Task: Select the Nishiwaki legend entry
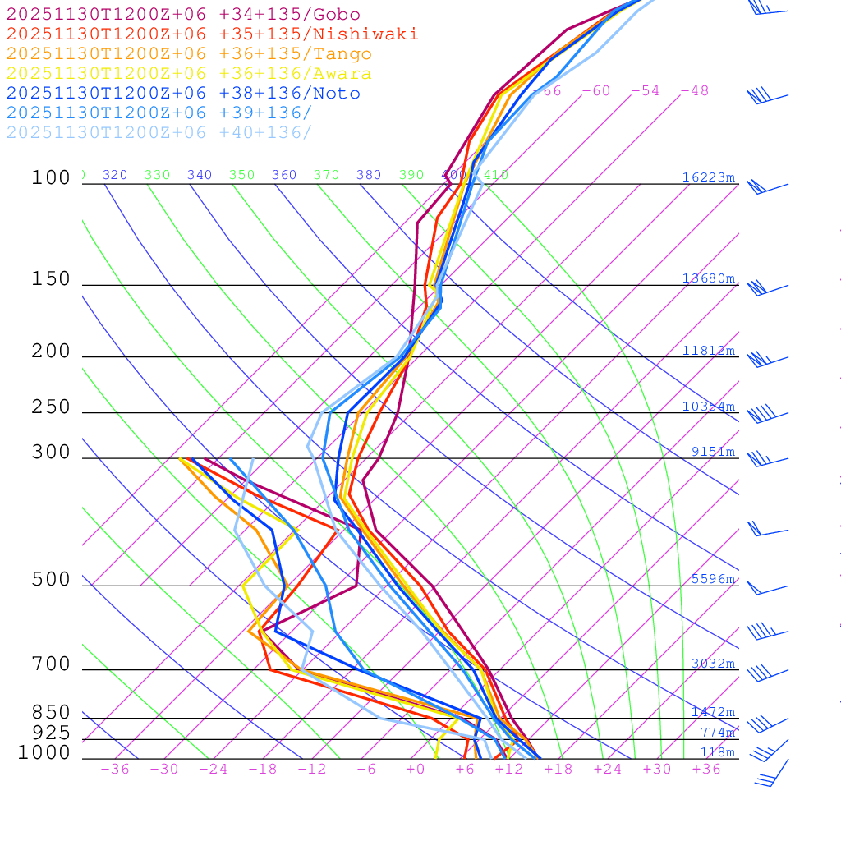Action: click(x=212, y=34)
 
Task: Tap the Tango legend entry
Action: click(x=189, y=54)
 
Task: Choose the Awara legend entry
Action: click(x=189, y=74)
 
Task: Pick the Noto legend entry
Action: click(x=183, y=94)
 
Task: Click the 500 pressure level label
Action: click(x=51, y=580)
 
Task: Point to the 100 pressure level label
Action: click(x=51, y=177)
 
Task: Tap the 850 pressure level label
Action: click(x=51, y=713)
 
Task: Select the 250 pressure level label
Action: click(x=51, y=407)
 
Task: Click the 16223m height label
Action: click(x=709, y=177)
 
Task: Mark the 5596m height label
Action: click(x=713, y=579)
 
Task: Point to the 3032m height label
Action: click(x=713, y=664)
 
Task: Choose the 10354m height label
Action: click(x=709, y=407)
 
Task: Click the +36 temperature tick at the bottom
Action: click(x=706, y=770)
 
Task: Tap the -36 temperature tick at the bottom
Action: click(x=114, y=770)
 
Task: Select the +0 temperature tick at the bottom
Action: click(x=416, y=770)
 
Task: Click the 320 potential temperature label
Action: click(x=115, y=175)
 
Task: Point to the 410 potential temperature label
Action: click(x=496, y=175)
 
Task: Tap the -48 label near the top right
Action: click(x=695, y=91)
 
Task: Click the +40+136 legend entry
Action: click(x=159, y=133)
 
